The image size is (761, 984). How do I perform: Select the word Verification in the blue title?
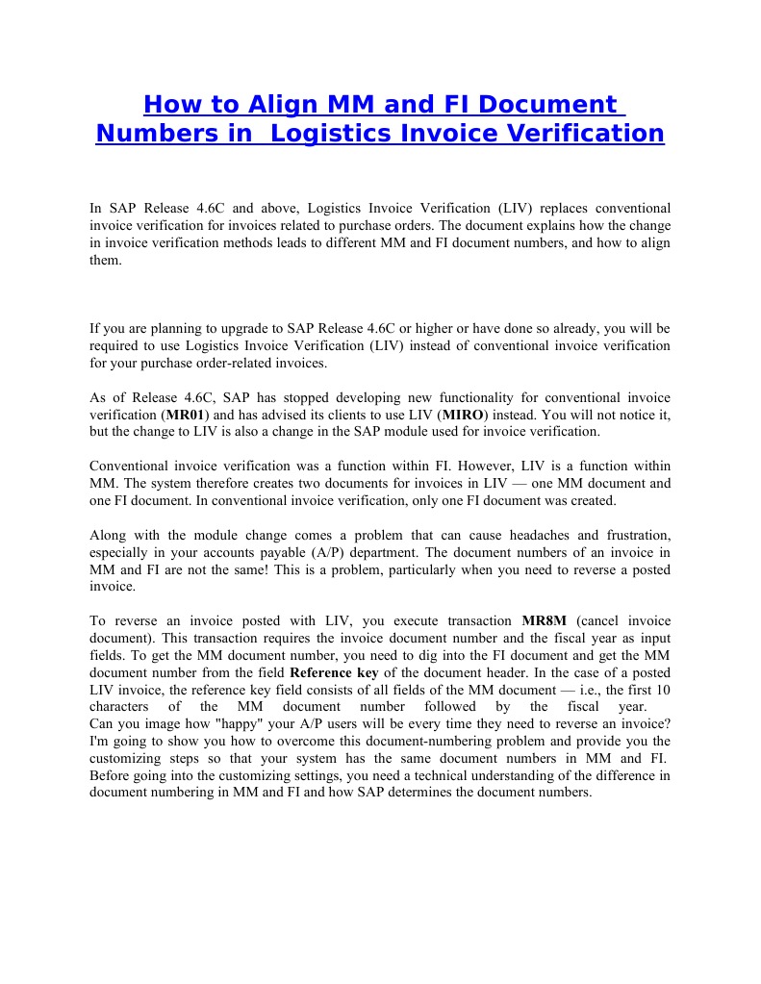tap(578, 133)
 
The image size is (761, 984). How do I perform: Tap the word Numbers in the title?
tap(151, 133)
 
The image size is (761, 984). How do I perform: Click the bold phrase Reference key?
tap(333, 673)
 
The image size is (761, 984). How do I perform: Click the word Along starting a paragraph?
tap(108, 535)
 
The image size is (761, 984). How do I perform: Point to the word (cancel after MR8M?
tap(604, 621)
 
